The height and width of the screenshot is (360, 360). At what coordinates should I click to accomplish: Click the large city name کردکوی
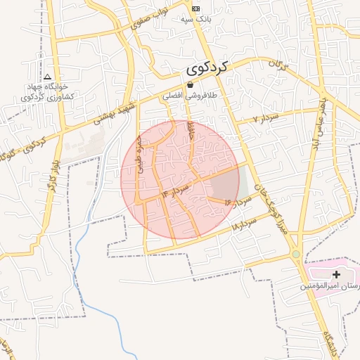209,68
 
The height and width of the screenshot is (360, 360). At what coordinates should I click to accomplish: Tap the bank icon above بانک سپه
195,8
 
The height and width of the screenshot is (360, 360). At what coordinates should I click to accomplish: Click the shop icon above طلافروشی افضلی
190,84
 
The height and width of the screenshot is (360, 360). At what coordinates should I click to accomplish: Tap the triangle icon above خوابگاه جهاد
47,77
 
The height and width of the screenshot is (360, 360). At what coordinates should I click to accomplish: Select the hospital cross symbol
336,274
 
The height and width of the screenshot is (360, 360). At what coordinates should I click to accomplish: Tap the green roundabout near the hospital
296,254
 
